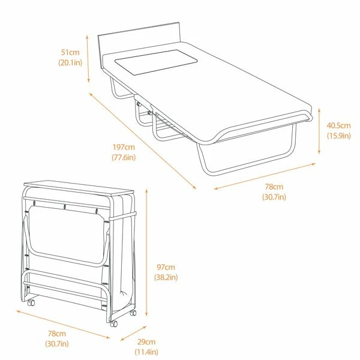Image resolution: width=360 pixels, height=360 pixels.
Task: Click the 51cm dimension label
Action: coord(70,52)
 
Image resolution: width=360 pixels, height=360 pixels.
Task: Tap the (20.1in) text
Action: coord(70,62)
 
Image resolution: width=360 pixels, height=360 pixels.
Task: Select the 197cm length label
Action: coord(124,147)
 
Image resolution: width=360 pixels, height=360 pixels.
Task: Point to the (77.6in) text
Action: coord(124,157)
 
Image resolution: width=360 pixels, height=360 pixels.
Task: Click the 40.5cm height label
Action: coord(338,125)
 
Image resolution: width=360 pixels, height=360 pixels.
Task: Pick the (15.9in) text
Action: coord(339,136)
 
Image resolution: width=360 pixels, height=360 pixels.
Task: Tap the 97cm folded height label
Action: coord(166,267)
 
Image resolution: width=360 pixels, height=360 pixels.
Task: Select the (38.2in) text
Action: coord(166,277)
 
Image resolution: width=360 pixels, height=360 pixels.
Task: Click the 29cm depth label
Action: coord(146,341)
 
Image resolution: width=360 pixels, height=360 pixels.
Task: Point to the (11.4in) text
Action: coord(146,352)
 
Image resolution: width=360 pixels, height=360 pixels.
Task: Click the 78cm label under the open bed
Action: coord(274,187)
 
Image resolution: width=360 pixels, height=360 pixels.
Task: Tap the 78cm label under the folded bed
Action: coord(57,334)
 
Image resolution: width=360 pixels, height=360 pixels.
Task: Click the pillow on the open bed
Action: coord(156,62)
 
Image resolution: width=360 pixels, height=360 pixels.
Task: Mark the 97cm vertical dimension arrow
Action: coord(146,253)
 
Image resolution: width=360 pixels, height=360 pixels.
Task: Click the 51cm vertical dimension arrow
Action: coord(88,59)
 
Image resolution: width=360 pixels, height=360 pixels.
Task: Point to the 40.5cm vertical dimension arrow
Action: coord(319,131)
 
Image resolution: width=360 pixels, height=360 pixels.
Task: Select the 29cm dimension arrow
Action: coord(133,333)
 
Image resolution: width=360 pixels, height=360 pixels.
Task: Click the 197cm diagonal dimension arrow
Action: coord(143,141)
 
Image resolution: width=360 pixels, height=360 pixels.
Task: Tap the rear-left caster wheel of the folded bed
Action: coord(31,303)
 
